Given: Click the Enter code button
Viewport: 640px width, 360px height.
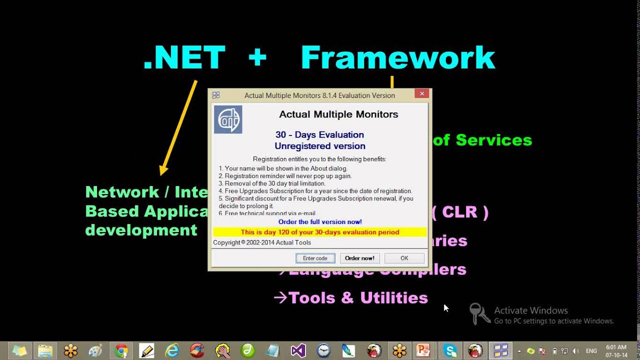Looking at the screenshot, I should pos(315,258).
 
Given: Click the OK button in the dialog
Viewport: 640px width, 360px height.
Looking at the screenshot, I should pos(404,258).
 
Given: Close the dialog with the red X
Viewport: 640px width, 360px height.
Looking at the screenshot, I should pos(422,93).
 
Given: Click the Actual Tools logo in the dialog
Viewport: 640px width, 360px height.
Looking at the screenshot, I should pos(228,119).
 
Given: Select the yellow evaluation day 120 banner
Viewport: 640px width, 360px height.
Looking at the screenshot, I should pos(320,232).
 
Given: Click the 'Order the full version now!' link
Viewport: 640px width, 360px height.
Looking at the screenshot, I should pos(320,221).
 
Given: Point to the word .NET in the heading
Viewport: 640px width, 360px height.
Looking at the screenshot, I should pos(184,57).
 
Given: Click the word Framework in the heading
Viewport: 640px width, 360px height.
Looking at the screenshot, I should pos(397,57).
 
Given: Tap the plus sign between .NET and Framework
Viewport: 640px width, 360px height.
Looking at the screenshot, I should pos(257,57).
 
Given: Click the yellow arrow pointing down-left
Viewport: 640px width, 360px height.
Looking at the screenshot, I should pos(178,127).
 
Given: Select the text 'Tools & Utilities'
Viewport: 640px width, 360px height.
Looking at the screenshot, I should pos(358,298).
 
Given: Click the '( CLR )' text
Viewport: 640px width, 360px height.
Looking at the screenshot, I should pos(459,212).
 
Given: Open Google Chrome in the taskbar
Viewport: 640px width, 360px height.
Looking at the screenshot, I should pos(121,350).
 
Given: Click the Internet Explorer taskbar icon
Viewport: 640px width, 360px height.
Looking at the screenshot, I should pos(172,350).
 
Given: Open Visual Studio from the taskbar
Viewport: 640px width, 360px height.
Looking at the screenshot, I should pos(298,350).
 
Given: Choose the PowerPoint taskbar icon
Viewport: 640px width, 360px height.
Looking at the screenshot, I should pos(424,350).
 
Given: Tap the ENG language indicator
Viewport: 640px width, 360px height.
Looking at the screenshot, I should pos(591,351).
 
